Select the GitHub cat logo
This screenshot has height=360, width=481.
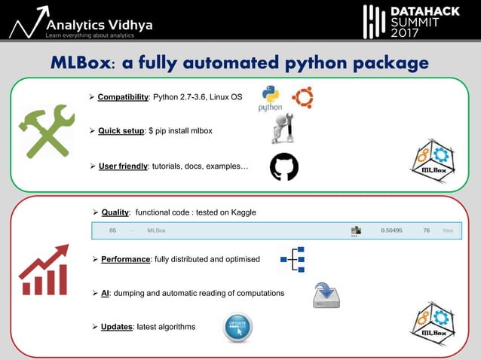point(284,167)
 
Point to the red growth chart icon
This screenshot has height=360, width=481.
point(44,269)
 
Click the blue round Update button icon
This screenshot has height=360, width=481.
point(237,328)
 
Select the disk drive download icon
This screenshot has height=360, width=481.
point(326,294)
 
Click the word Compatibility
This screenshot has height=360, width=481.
point(123,97)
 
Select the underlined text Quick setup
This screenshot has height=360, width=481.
point(121,131)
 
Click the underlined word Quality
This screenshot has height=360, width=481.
point(116,212)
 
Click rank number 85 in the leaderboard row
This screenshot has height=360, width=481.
point(112,230)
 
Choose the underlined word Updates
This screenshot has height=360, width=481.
point(118,326)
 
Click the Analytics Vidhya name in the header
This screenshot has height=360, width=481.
point(99,24)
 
